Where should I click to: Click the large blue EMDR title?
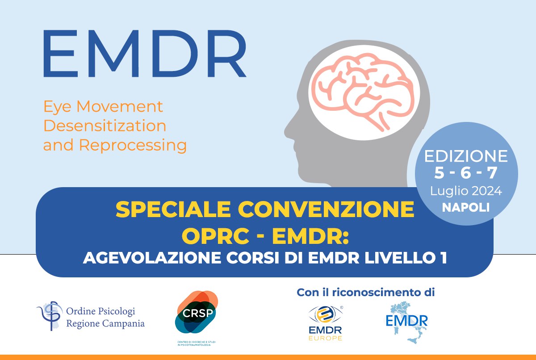click(x=145, y=54)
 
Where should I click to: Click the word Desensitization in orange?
click(x=105, y=126)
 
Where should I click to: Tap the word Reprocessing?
click(x=133, y=146)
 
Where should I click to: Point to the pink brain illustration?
click(x=364, y=92)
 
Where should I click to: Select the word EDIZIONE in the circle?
click(x=466, y=156)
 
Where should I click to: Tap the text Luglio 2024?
click(x=466, y=191)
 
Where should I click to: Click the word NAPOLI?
click(x=466, y=208)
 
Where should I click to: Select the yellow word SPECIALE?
click(x=173, y=209)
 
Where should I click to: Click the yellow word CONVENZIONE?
click(x=326, y=209)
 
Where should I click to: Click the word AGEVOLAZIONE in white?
click(x=152, y=258)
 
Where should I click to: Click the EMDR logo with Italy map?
click(x=407, y=322)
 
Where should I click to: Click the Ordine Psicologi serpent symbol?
click(x=50, y=316)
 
